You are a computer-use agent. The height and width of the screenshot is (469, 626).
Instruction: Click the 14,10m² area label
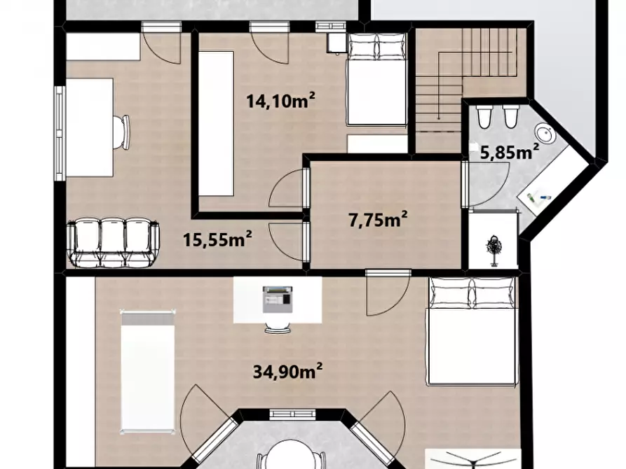click(280, 100)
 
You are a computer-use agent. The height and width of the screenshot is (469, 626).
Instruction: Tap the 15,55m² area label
click(217, 239)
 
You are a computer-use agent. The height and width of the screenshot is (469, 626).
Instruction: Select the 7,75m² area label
click(378, 219)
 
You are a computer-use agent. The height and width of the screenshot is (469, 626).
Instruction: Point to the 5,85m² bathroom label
click(510, 151)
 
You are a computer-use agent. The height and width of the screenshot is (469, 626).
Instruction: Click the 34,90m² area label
click(288, 371)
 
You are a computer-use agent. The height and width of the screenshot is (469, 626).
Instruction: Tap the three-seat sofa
click(114, 242)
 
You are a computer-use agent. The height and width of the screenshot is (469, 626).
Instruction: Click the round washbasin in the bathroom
click(545, 133)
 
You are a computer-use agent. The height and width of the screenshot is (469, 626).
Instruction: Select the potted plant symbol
click(494, 251)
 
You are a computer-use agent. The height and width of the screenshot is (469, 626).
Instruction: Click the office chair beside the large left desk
click(121, 132)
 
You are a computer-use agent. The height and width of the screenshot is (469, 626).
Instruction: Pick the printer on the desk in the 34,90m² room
click(278, 299)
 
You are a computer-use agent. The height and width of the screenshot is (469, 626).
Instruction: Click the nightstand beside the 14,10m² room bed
click(336, 43)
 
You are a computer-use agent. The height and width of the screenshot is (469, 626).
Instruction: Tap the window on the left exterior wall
click(60, 133)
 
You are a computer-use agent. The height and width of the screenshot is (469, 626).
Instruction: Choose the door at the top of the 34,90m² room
click(388, 293)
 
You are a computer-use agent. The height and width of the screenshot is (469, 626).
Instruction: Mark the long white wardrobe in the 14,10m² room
click(216, 123)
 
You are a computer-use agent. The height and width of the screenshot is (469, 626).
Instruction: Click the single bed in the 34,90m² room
click(148, 371)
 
